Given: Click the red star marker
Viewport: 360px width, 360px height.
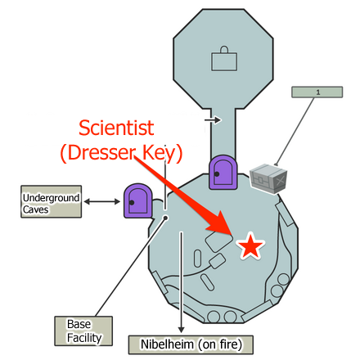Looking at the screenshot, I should point(250,246).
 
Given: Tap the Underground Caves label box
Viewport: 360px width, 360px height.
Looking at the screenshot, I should point(52,200).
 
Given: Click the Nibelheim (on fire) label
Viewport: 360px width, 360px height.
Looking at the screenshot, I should point(186,344).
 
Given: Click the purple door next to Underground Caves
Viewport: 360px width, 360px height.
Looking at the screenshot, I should point(137,200).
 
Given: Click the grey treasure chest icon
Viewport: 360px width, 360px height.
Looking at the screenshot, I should point(270,178).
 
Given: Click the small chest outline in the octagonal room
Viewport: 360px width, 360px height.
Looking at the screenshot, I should point(223,60).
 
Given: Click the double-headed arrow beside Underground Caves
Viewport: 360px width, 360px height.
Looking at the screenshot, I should point(103,200).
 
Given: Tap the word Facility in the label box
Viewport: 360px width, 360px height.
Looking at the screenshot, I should point(79,338).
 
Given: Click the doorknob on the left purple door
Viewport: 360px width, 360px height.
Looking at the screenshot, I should point(131,201).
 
